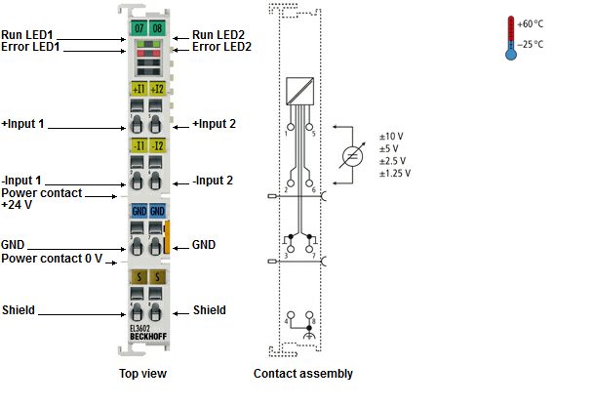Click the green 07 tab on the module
pos(139,27)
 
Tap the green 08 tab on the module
pos(157,27)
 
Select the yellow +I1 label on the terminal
pos(139,89)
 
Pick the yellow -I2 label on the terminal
pos(157,145)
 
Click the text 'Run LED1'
pos(27,35)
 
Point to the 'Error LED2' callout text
pos(221,47)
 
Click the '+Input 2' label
pos(214,124)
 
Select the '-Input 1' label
pos(21,181)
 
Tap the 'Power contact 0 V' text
pos(52,259)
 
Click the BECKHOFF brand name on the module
pos(148,337)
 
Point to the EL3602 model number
pos(140,329)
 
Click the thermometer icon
pos(511,38)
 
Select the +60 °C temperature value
pos(530,24)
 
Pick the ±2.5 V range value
pos(392,161)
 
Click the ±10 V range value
pos(391,137)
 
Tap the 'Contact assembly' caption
pos(303,374)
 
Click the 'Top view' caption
pos(142,374)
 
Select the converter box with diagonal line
pos(299,91)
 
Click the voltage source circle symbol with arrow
pos(352,156)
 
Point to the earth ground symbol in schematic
pos(309,336)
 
